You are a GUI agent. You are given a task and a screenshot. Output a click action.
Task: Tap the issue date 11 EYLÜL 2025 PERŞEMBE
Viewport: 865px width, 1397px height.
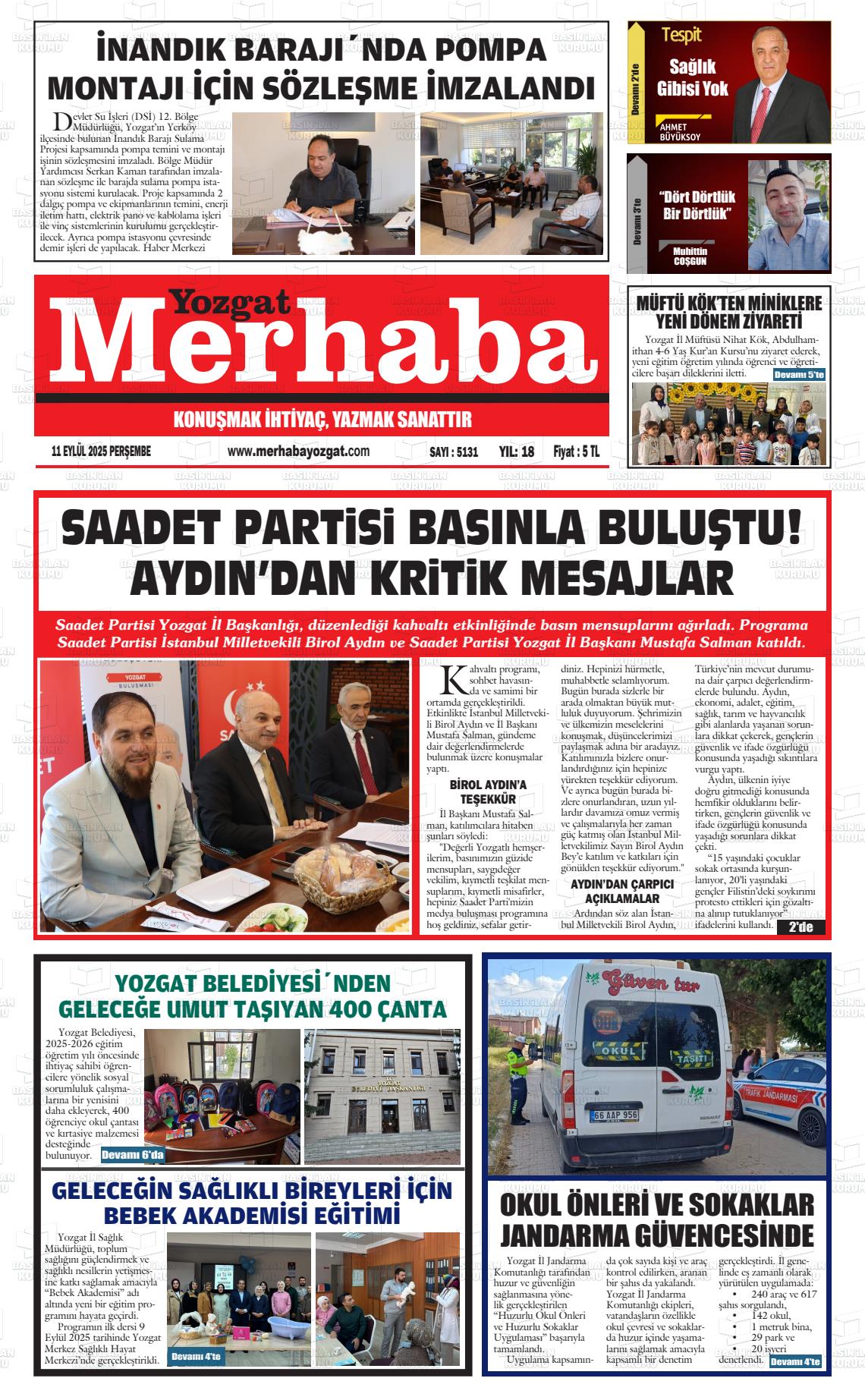(x=101, y=452)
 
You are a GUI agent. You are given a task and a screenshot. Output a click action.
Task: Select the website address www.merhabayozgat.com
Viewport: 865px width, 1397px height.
(x=298, y=452)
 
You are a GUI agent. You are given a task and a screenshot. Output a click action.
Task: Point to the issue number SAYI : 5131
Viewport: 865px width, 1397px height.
(x=454, y=452)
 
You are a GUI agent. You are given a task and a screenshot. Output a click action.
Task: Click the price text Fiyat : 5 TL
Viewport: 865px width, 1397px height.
(x=576, y=452)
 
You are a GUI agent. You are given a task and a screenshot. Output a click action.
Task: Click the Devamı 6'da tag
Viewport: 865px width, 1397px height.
(x=132, y=1156)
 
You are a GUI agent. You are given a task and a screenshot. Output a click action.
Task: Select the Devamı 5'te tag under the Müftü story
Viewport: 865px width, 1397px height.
(x=798, y=375)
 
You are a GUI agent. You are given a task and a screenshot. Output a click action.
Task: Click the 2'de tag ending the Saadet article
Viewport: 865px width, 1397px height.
(x=801, y=927)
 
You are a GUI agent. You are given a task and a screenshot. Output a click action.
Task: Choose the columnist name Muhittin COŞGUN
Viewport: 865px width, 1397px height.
(x=690, y=256)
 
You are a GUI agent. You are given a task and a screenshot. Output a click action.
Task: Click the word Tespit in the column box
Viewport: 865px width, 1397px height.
(x=681, y=34)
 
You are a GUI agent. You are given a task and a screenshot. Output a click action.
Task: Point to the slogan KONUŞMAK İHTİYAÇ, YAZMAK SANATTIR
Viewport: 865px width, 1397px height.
(x=322, y=419)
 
